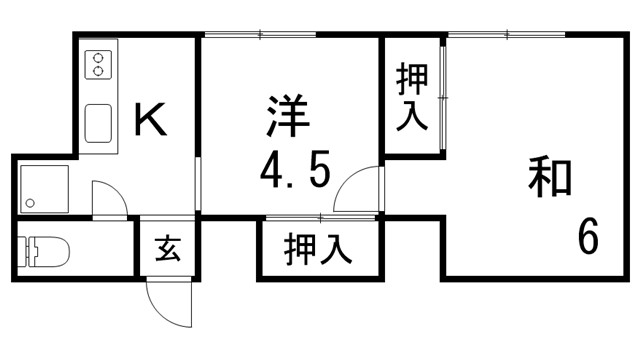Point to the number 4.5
tap(294, 172)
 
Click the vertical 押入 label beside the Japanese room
tap(411, 96)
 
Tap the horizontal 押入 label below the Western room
tap(317, 249)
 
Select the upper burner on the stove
tap(98, 57)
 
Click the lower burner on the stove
tap(98, 72)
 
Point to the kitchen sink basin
tap(99, 124)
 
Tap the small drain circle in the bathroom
tap(30, 204)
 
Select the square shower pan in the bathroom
tap(44, 188)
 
